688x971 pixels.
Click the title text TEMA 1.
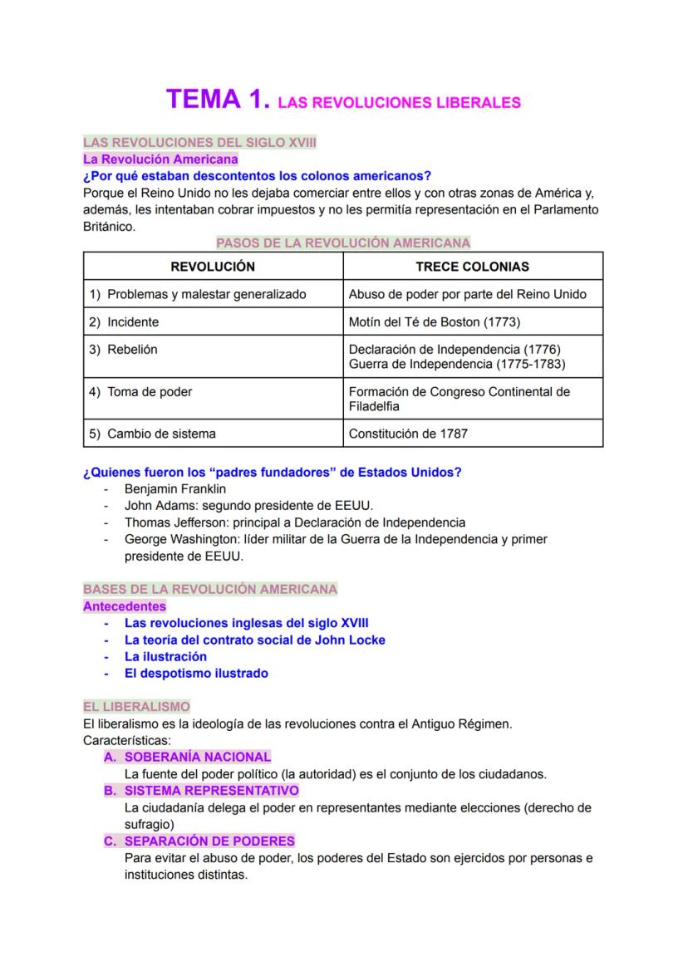pyautogui.click(x=219, y=100)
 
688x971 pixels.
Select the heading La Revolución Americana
pyautogui.click(x=160, y=159)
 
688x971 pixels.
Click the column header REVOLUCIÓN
pyautogui.click(x=213, y=267)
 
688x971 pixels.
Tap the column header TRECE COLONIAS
pyautogui.click(x=472, y=267)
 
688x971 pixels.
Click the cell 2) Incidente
pyautogui.click(x=124, y=321)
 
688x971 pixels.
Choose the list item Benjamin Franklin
pyautogui.click(x=174, y=489)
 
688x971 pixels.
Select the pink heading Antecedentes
pyautogui.click(x=125, y=606)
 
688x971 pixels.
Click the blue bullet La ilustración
pyautogui.click(x=165, y=656)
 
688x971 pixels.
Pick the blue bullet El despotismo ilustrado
pyautogui.click(x=196, y=673)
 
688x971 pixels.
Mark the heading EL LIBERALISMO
pyautogui.click(x=136, y=707)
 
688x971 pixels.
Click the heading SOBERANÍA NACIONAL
pyautogui.click(x=198, y=757)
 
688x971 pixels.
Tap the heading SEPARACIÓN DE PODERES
pyautogui.click(x=209, y=841)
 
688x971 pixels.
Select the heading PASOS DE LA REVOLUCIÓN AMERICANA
pyautogui.click(x=343, y=243)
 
